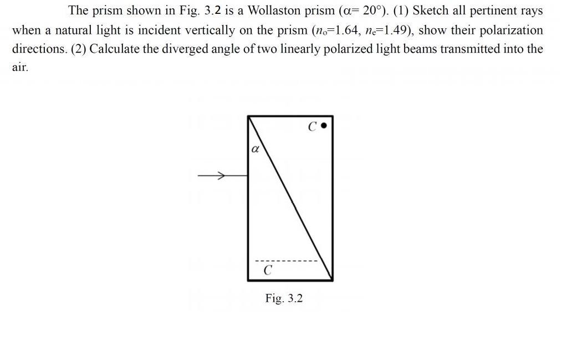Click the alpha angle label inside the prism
click(255, 149)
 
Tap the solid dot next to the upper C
click(325, 126)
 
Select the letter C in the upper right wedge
click(313, 127)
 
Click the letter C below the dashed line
click(268, 271)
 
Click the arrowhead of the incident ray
click(221, 176)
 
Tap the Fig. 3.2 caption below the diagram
click(284, 298)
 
